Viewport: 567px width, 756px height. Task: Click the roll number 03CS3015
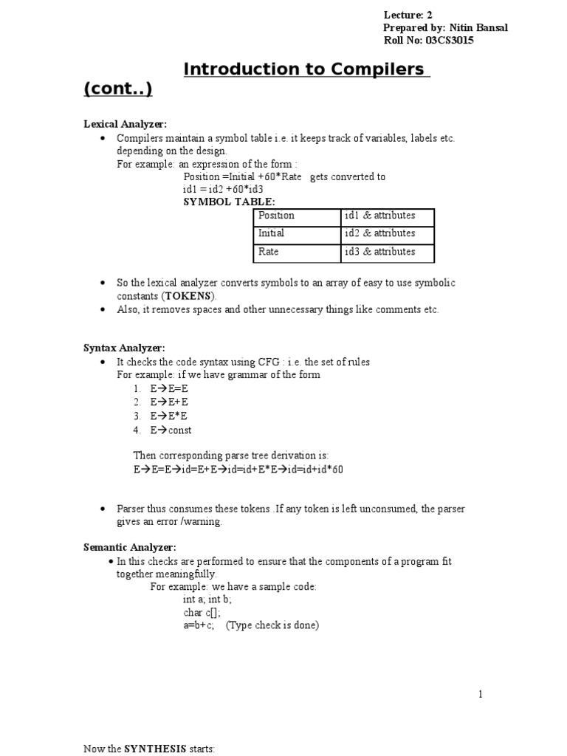tap(450, 41)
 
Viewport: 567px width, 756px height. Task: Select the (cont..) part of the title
tap(118, 89)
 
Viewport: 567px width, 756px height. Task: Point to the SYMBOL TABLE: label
tap(229, 202)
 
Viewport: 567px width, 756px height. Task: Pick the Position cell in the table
tap(276, 216)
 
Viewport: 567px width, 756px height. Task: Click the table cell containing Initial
tap(271, 233)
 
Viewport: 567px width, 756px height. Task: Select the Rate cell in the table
tap(269, 252)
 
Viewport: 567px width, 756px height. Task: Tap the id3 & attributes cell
tap(379, 252)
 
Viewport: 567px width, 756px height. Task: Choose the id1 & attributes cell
tap(379, 216)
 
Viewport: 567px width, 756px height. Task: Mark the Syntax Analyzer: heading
tap(124, 348)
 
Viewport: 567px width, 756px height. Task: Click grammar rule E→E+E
tap(169, 402)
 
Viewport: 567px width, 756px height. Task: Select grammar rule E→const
tap(171, 430)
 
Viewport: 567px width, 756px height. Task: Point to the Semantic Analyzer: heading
tap(129, 547)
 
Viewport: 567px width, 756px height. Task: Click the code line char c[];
tap(202, 612)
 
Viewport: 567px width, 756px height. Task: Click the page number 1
tap(480, 694)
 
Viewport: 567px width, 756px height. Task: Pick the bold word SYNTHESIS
tap(153, 749)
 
